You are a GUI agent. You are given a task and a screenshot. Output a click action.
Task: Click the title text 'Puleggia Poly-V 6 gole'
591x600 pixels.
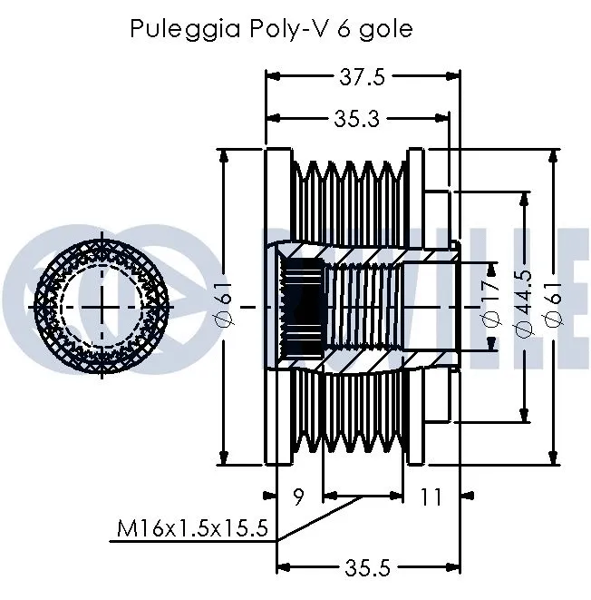[271, 29]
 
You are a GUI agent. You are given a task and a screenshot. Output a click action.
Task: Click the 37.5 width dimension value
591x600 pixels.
[361, 78]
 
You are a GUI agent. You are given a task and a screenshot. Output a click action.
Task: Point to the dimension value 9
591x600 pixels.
[298, 497]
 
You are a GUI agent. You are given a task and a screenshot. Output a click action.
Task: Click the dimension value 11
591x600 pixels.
[431, 497]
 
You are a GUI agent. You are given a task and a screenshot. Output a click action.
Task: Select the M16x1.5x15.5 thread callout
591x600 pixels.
[192, 528]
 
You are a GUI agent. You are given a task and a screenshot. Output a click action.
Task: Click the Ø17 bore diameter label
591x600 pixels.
[490, 306]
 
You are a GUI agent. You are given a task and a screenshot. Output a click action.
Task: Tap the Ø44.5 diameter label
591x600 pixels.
[523, 306]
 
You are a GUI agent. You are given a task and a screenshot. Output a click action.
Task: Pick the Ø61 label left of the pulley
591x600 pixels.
[224, 306]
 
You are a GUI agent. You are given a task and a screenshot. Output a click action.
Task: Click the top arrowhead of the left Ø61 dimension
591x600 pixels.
[224, 152]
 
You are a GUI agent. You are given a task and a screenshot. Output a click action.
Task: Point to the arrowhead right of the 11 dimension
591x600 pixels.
[468, 497]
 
